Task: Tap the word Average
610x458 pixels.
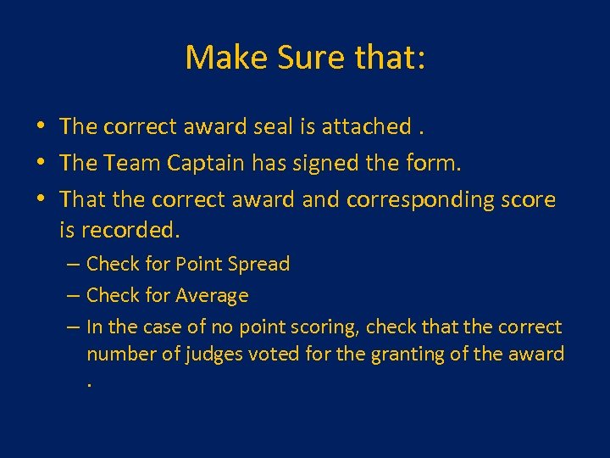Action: coord(212,296)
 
